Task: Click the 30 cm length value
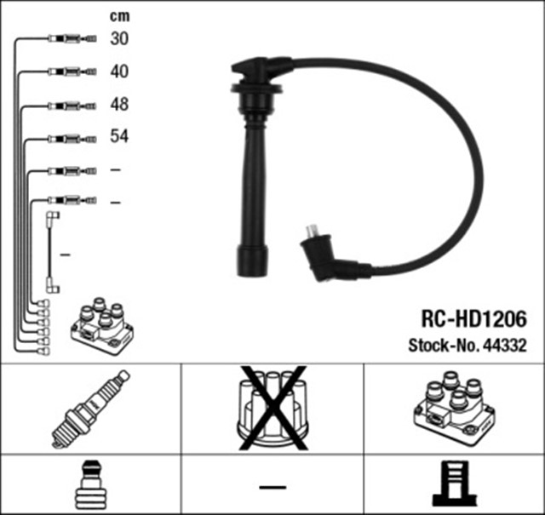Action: tap(119, 39)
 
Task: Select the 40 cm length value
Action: tap(119, 72)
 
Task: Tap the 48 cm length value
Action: tap(119, 104)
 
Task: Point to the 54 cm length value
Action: tap(119, 136)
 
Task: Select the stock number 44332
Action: tap(506, 346)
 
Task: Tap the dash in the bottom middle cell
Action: tap(272, 486)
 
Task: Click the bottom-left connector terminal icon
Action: tap(89, 485)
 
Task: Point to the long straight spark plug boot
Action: tap(253, 187)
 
